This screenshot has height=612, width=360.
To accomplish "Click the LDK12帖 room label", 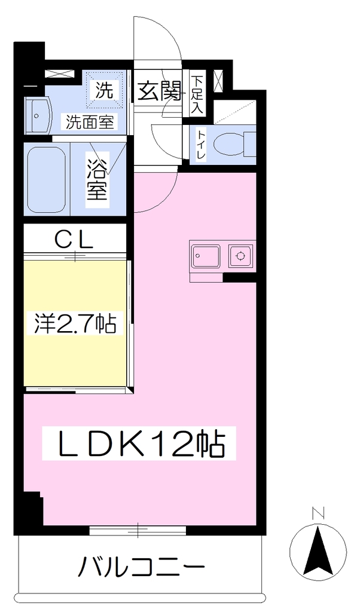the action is click(141, 445).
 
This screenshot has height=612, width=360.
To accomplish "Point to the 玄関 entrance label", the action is click(159, 91).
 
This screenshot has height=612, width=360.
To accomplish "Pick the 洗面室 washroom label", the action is click(90, 123).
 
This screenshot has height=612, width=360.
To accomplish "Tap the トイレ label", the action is click(201, 145).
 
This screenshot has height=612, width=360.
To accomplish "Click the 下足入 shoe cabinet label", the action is click(197, 95).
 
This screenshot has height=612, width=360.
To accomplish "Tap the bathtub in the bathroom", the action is click(47, 178).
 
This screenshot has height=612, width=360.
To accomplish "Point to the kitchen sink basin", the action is click(205, 256).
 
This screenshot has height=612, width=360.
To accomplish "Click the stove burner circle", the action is click(240, 256).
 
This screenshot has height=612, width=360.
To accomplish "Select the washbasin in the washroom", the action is click(38, 116).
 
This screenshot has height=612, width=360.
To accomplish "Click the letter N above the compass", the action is click(319, 513).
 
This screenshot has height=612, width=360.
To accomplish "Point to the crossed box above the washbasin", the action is click(59, 74).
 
